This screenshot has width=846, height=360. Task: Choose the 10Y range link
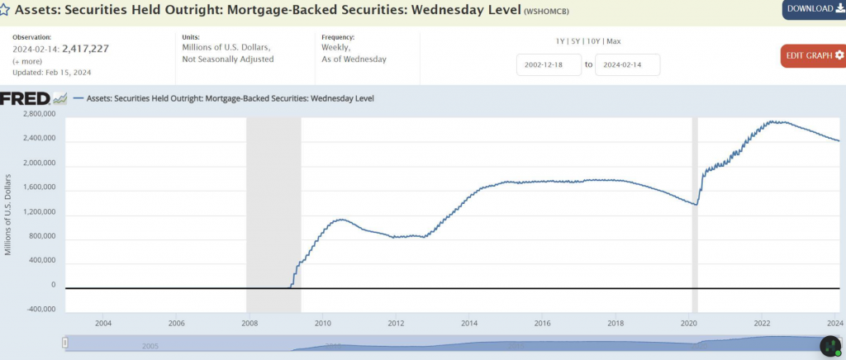[594, 40]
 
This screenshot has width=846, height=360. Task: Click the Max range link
[614, 40]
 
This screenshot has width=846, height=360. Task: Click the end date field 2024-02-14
[627, 64]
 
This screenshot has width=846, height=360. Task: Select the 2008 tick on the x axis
[249, 323]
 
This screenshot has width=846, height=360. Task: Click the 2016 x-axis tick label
[542, 323]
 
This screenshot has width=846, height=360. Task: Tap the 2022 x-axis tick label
[762, 323]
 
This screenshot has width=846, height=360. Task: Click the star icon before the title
[5, 11]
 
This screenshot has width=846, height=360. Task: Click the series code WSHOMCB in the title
[549, 12]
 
